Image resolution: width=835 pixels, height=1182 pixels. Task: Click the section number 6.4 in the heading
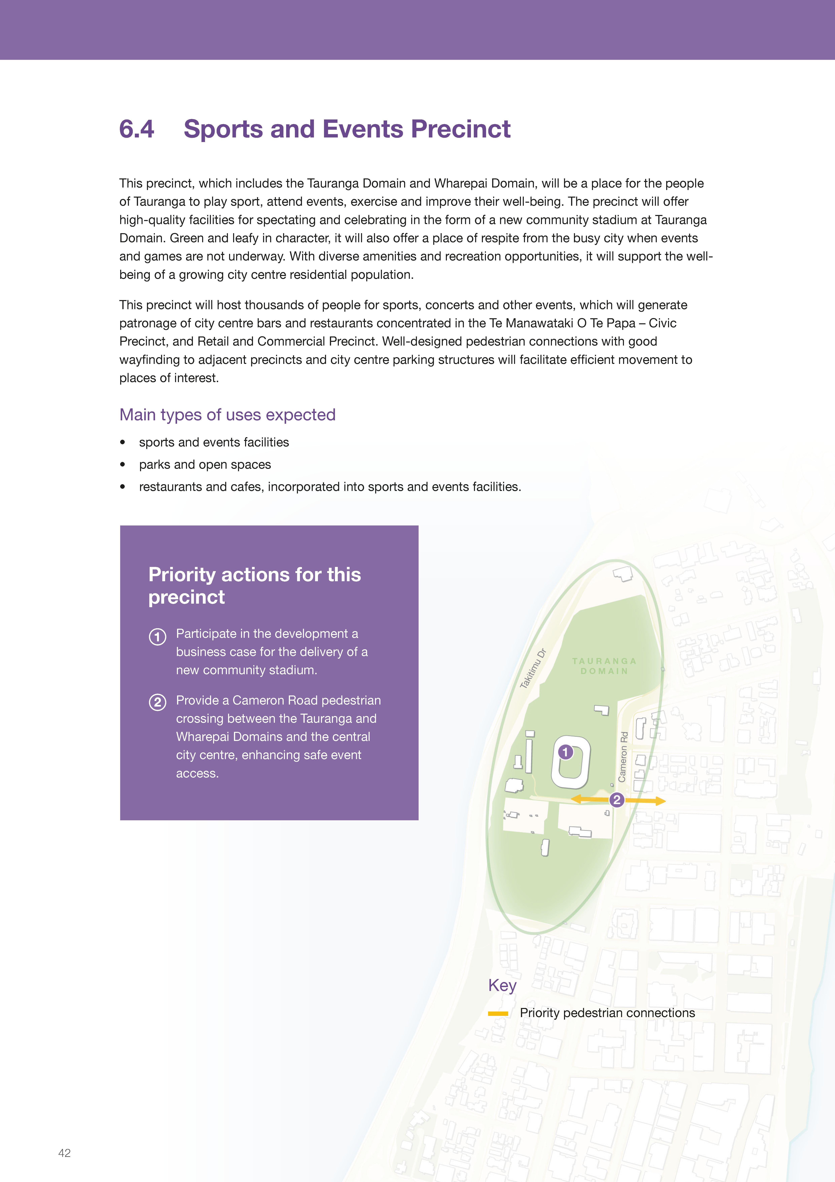[136, 129]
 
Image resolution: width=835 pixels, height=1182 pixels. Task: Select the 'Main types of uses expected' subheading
[227, 415]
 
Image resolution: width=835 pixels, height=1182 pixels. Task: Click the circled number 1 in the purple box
[157, 637]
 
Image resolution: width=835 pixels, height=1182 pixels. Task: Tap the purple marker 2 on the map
[616, 800]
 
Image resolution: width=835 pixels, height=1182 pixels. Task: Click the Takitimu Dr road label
[533, 668]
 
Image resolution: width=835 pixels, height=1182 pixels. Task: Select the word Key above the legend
[502, 985]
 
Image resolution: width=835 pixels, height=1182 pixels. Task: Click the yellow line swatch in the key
[498, 1014]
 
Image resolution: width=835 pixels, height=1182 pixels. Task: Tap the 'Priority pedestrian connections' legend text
[607, 1013]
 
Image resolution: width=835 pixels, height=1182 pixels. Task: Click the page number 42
[64, 1153]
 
